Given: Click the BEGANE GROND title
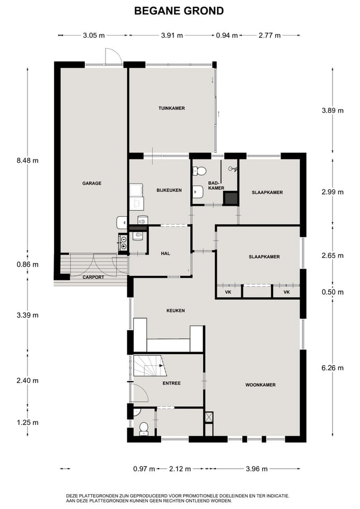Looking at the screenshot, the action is [x=179, y=11].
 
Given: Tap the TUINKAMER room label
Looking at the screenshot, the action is [x=172, y=108].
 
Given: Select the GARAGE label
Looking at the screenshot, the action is [x=92, y=183].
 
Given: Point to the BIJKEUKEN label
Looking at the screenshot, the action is [x=169, y=190].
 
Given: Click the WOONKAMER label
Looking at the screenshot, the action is [x=260, y=385].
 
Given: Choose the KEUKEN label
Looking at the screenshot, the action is [x=175, y=311].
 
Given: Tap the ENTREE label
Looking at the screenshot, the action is [x=172, y=383].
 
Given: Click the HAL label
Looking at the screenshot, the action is [x=165, y=253].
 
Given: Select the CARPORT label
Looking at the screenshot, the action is [x=93, y=277].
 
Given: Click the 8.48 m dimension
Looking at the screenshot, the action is [x=28, y=160].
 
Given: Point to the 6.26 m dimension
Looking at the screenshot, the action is [x=332, y=368].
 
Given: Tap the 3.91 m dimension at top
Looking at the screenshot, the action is [x=172, y=36].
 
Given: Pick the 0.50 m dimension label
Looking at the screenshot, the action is [x=332, y=292].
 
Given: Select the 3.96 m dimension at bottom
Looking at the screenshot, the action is [x=257, y=469].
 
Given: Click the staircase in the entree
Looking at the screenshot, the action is [x=150, y=365].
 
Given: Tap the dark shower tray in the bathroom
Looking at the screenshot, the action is [x=231, y=198].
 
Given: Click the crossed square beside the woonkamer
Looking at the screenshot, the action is [x=209, y=417].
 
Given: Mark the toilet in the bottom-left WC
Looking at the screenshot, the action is [x=144, y=429].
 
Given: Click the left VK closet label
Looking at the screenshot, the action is [x=228, y=292].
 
